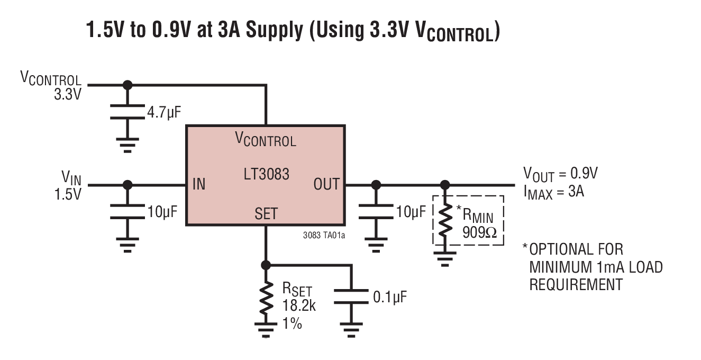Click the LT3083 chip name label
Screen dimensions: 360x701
pyautogui.click(x=266, y=174)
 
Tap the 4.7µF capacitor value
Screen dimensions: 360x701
pyautogui.click(x=165, y=112)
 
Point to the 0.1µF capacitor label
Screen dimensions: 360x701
pyautogui.click(x=390, y=297)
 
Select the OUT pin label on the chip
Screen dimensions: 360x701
pyautogui.click(x=326, y=185)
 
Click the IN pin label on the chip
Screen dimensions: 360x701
pyautogui.click(x=199, y=185)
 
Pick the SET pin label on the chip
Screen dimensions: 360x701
pyautogui.click(x=266, y=213)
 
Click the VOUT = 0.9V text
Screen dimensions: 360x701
pyautogui.click(x=561, y=174)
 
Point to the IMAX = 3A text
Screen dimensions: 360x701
pyautogui.click(x=553, y=192)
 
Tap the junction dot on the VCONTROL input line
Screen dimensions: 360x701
pyautogui.click(x=127, y=85)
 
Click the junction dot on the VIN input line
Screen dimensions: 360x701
pyautogui.click(x=127, y=185)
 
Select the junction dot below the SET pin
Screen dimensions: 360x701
pyautogui.click(x=266, y=265)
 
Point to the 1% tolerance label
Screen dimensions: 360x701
pyautogui.click(x=292, y=323)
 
